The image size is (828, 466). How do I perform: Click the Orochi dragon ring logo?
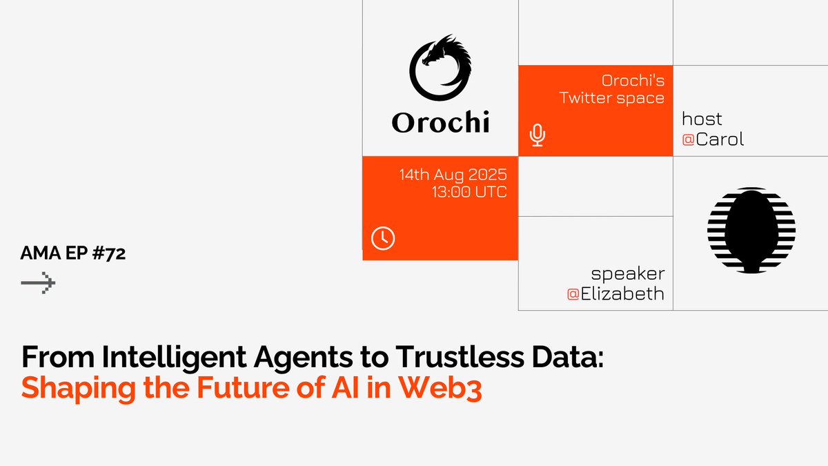coord(440,67)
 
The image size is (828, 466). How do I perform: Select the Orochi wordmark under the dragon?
coord(440,122)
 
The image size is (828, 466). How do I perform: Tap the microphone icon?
coord(538,135)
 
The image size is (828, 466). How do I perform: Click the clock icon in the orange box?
coord(382,238)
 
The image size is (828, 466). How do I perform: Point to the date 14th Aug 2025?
coord(453,174)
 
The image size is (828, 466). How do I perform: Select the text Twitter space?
coord(611,98)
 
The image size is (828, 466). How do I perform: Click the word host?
coord(702,119)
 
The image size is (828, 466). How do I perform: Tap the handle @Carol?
coord(713,140)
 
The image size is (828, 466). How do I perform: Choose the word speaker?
coord(627,273)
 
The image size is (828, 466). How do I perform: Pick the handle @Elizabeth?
coord(615,294)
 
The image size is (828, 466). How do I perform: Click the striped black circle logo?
coord(751,229)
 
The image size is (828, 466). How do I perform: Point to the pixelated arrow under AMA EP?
coord(38,283)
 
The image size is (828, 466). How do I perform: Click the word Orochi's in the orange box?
coord(633,80)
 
